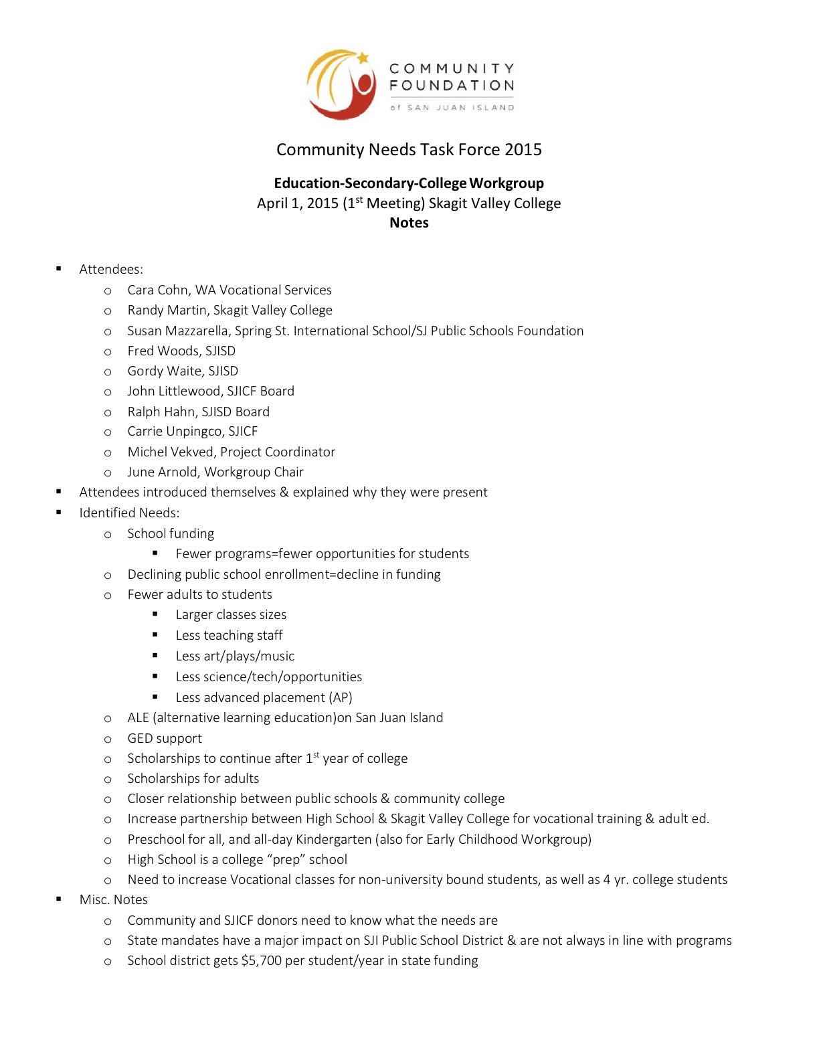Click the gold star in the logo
pos(363,58)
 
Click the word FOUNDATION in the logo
pos(452,86)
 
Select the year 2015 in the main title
pos(523,150)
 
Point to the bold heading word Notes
pos(409,223)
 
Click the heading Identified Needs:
pos(129,513)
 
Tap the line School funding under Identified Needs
pos(171,533)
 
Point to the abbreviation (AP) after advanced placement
pos(340,697)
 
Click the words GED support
pos(165,738)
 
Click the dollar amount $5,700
pos(261,960)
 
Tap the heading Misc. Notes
pos(113,899)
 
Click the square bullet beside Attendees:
pos(59,268)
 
